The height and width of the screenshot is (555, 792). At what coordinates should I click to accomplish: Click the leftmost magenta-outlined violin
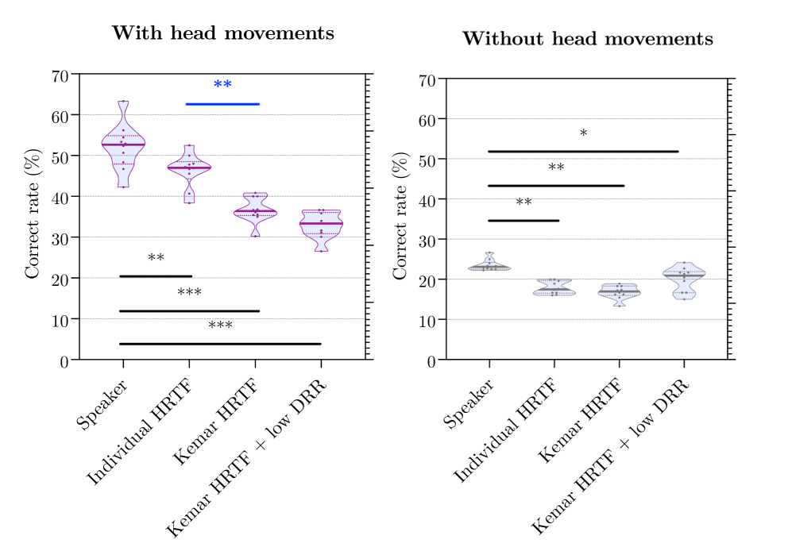point(123,145)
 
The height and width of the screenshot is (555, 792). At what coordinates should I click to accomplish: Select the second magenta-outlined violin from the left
point(189,168)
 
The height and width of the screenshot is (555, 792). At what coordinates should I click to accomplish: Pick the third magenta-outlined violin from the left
point(255,212)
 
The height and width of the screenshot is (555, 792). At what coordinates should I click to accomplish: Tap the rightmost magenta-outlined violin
point(321,225)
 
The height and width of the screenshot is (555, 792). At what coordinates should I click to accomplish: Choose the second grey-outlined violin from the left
point(554,289)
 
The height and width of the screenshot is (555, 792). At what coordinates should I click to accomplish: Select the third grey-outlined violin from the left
point(619,291)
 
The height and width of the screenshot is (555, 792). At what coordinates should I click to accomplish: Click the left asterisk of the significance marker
point(218,83)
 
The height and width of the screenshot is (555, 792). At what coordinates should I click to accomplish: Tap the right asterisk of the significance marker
point(228,83)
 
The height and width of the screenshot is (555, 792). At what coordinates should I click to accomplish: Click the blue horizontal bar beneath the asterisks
point(222,104)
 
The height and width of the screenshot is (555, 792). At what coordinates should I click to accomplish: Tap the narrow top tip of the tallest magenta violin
point(123,106)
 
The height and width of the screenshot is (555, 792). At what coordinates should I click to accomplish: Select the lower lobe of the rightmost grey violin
point(684,293)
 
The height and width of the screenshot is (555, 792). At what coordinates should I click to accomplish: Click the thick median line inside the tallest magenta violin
point(123,144)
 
